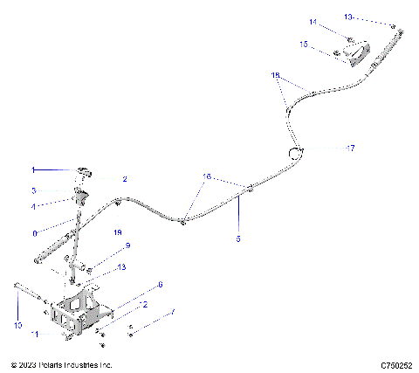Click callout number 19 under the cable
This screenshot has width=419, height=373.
tap(118, 233)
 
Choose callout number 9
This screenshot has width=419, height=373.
tap(127, 245)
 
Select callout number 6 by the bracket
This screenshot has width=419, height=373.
tap(160, 284)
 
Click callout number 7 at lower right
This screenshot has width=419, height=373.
tap(172, 311)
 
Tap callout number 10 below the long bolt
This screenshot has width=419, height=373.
tap(17, 324)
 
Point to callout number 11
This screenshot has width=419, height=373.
tap(35, 334)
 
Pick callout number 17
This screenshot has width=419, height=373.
tap(351, 149)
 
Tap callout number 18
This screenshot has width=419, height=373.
tap(276, 76)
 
